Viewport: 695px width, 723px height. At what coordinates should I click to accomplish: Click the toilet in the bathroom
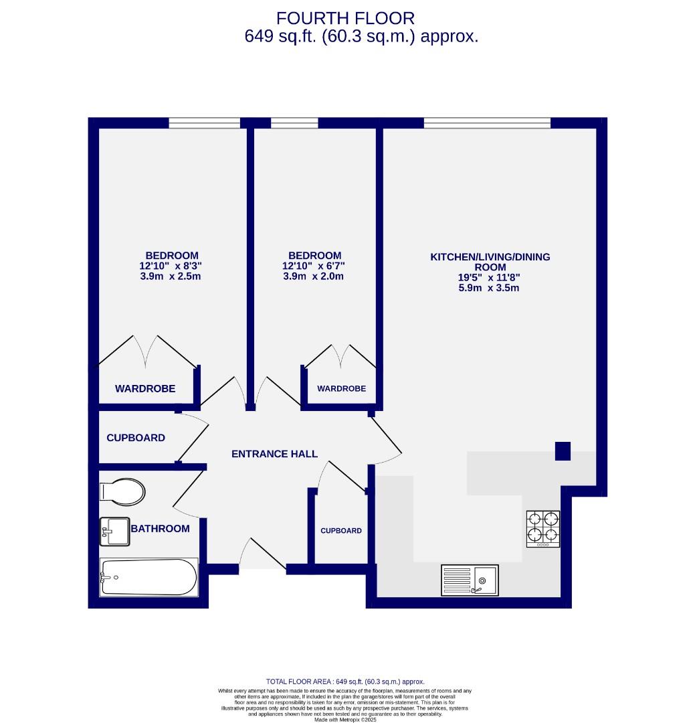coord(122,492)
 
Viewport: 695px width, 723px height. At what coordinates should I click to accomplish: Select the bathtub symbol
coord(149,577)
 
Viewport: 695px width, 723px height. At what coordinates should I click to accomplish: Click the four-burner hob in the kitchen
coord(543,528)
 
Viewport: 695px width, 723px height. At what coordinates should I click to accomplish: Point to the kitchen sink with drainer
coord(470,580)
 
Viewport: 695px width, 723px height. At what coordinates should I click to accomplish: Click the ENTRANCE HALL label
coord(274,454)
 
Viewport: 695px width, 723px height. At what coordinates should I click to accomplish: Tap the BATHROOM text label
coord(161,528)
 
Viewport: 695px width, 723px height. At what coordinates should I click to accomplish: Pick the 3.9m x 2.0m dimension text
coord(313,276)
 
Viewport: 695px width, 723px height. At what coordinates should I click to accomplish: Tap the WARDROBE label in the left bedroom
coord(145,388)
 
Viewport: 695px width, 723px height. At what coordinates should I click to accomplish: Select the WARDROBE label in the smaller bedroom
coord(341,388)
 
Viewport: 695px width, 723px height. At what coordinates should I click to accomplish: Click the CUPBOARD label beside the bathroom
coord(136,438)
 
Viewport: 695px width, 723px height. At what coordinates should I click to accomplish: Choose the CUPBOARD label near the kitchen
coord(341,531)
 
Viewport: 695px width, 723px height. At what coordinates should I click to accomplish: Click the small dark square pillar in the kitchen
coord(563,452)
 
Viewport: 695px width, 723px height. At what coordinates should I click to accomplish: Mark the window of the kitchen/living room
coord(487,123)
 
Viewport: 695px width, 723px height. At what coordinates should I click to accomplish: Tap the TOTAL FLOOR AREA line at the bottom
coord(345,681)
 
